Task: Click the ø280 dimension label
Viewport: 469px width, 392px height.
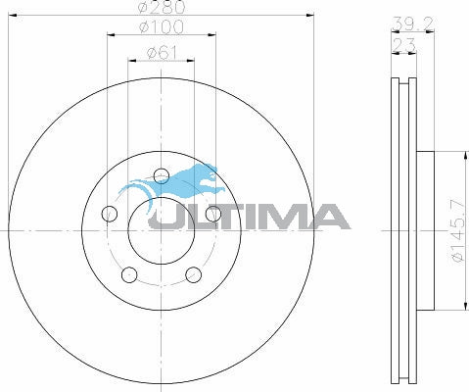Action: coord(162,9)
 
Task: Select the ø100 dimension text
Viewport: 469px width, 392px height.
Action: coord(162,26)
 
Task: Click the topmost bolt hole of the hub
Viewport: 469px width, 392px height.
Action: coord(163,177)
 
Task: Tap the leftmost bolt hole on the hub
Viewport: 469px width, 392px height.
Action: coord(110,215)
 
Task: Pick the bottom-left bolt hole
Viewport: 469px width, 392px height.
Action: coord(129,275)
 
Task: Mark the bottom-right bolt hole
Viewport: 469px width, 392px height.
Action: coord(194,275)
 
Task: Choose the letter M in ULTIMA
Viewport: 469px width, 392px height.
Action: coord(281,217)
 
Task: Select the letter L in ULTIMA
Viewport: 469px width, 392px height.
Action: coord(199,217)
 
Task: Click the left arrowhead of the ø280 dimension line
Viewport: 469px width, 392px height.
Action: coord(11,15)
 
